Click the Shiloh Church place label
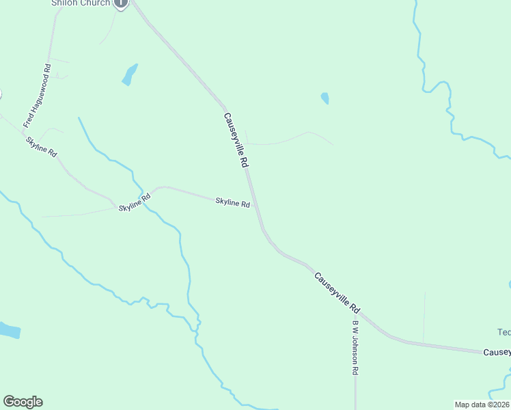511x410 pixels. [x=81, y=3]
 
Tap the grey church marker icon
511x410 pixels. [x=121, y=3]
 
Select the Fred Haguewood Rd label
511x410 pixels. [x=38, y=96]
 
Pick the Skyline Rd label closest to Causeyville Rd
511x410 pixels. [x=232, y=202]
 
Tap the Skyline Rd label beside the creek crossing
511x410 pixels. [x=134, y=203]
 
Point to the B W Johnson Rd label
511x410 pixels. [x=355, y=348]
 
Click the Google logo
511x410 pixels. [x=23, y=402]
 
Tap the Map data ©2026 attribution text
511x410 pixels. [x=482, y=405]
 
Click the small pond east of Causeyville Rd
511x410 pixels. [x=324, y=98]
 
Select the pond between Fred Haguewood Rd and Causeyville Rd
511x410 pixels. [x=129, y=74]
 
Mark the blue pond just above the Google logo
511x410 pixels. [x=8, y=330]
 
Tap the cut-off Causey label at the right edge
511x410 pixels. [x=497, y=353]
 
